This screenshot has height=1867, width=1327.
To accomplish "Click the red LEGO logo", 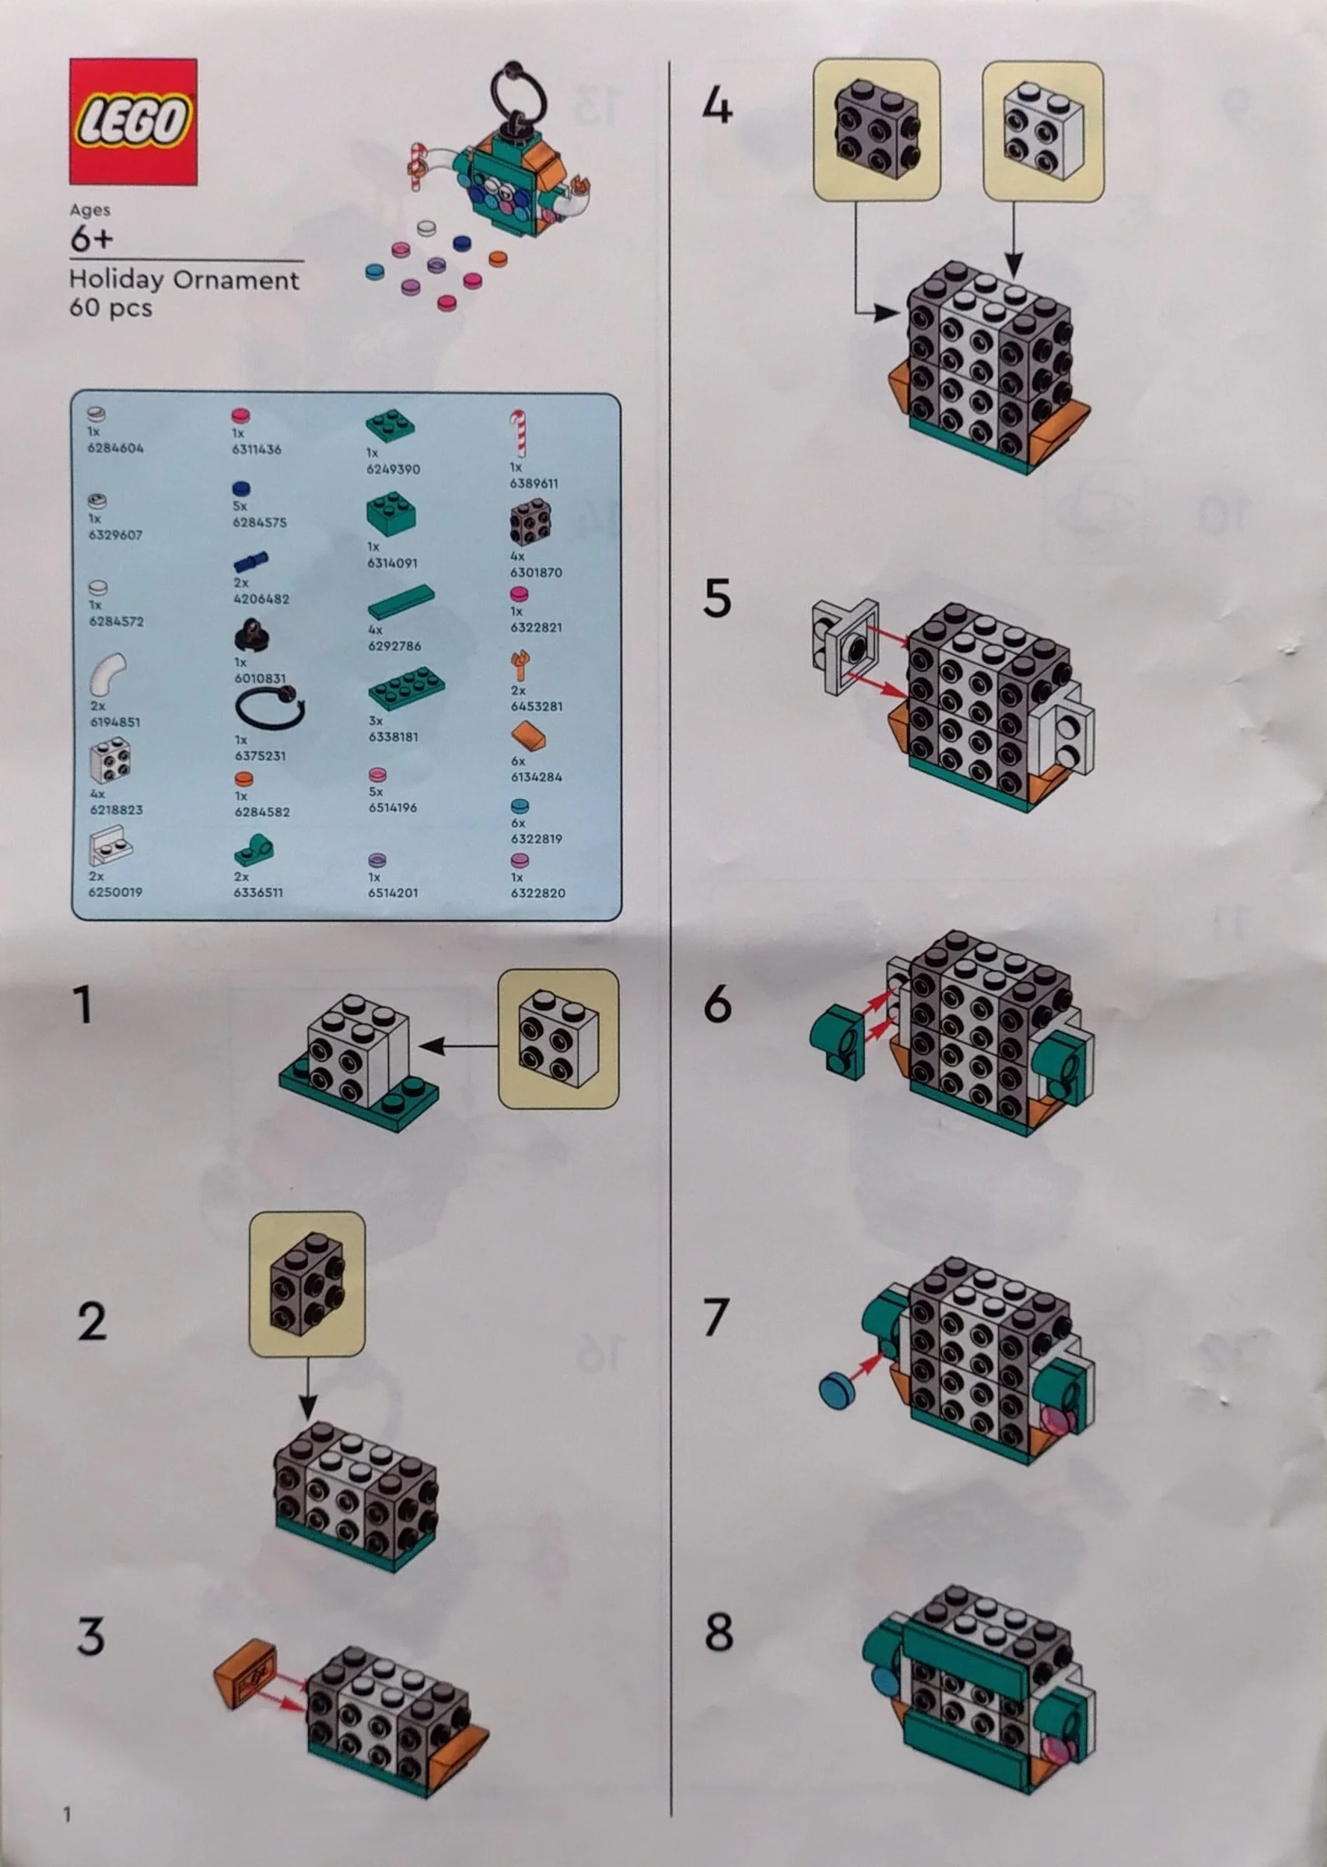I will point(133,121).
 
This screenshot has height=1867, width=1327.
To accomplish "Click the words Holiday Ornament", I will point(184,280).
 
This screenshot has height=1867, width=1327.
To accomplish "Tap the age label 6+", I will point(91,240).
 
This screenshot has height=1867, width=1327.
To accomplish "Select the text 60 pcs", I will point(110,308).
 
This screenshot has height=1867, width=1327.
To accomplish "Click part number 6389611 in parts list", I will point(534,484).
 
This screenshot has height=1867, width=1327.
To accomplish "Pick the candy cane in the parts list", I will point(518,433).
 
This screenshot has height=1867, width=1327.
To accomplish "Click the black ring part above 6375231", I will point(270,707).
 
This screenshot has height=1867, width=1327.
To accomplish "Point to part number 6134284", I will point(536,777).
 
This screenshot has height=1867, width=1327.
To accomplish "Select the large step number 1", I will point(82,1005).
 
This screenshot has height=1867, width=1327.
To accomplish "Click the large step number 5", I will point(716,599).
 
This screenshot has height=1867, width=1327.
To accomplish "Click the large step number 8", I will point(718,1632).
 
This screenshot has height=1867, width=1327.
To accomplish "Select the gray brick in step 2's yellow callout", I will point(306,1284).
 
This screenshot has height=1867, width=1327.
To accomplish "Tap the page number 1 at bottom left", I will point(67,1815).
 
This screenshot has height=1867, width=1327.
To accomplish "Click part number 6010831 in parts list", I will point(259,678).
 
